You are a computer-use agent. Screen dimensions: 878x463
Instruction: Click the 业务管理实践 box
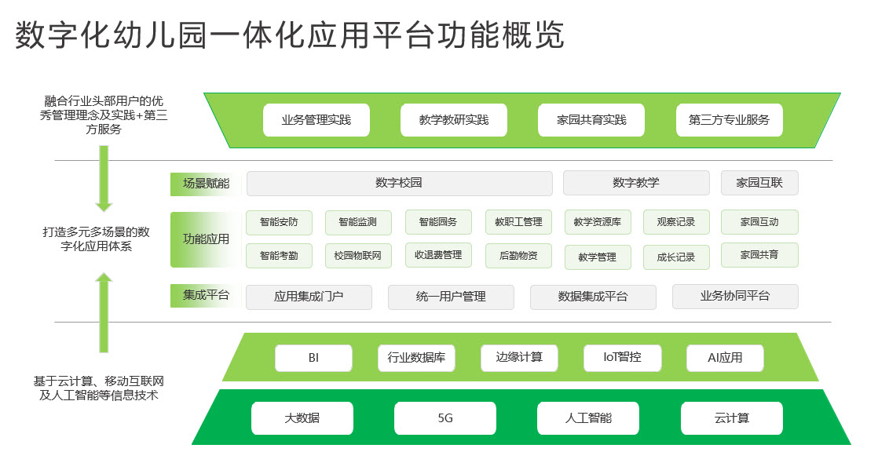pos(316,120)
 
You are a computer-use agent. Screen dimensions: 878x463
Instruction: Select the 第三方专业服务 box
pos(729,120)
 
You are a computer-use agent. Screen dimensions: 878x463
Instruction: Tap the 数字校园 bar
pos(399,183)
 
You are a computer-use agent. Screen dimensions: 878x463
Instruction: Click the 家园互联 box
pos(759,183)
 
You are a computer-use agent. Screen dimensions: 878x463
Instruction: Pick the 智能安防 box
pos(279,222)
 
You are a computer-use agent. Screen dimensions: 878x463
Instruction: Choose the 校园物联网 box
pos(358,256)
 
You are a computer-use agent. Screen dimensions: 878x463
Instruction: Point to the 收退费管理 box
pos(438,255)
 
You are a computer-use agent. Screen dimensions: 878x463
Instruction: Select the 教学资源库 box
pos(598,222)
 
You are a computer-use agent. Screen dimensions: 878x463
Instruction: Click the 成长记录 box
pos(676,257)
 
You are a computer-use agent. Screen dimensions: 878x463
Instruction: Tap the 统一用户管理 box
pos(451,297)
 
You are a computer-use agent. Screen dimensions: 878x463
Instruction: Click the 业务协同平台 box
pos(735,296)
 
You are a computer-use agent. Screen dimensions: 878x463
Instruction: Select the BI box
pos(313,358)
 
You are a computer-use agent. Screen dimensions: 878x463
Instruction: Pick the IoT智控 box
pos(622,358)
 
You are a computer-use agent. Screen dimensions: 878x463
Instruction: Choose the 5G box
pos(445,418)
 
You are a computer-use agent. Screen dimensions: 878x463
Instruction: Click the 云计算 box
pos(731,418)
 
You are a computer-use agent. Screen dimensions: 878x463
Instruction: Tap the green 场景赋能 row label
pos(206,184)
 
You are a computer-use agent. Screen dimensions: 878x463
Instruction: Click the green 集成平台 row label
pos(206,296)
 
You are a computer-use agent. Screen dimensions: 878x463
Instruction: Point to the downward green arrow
pos(104,179)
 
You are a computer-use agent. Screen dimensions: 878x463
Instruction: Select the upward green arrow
pos(104,312)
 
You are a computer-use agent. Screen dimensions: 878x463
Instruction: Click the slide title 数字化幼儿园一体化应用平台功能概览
pos(290,35)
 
